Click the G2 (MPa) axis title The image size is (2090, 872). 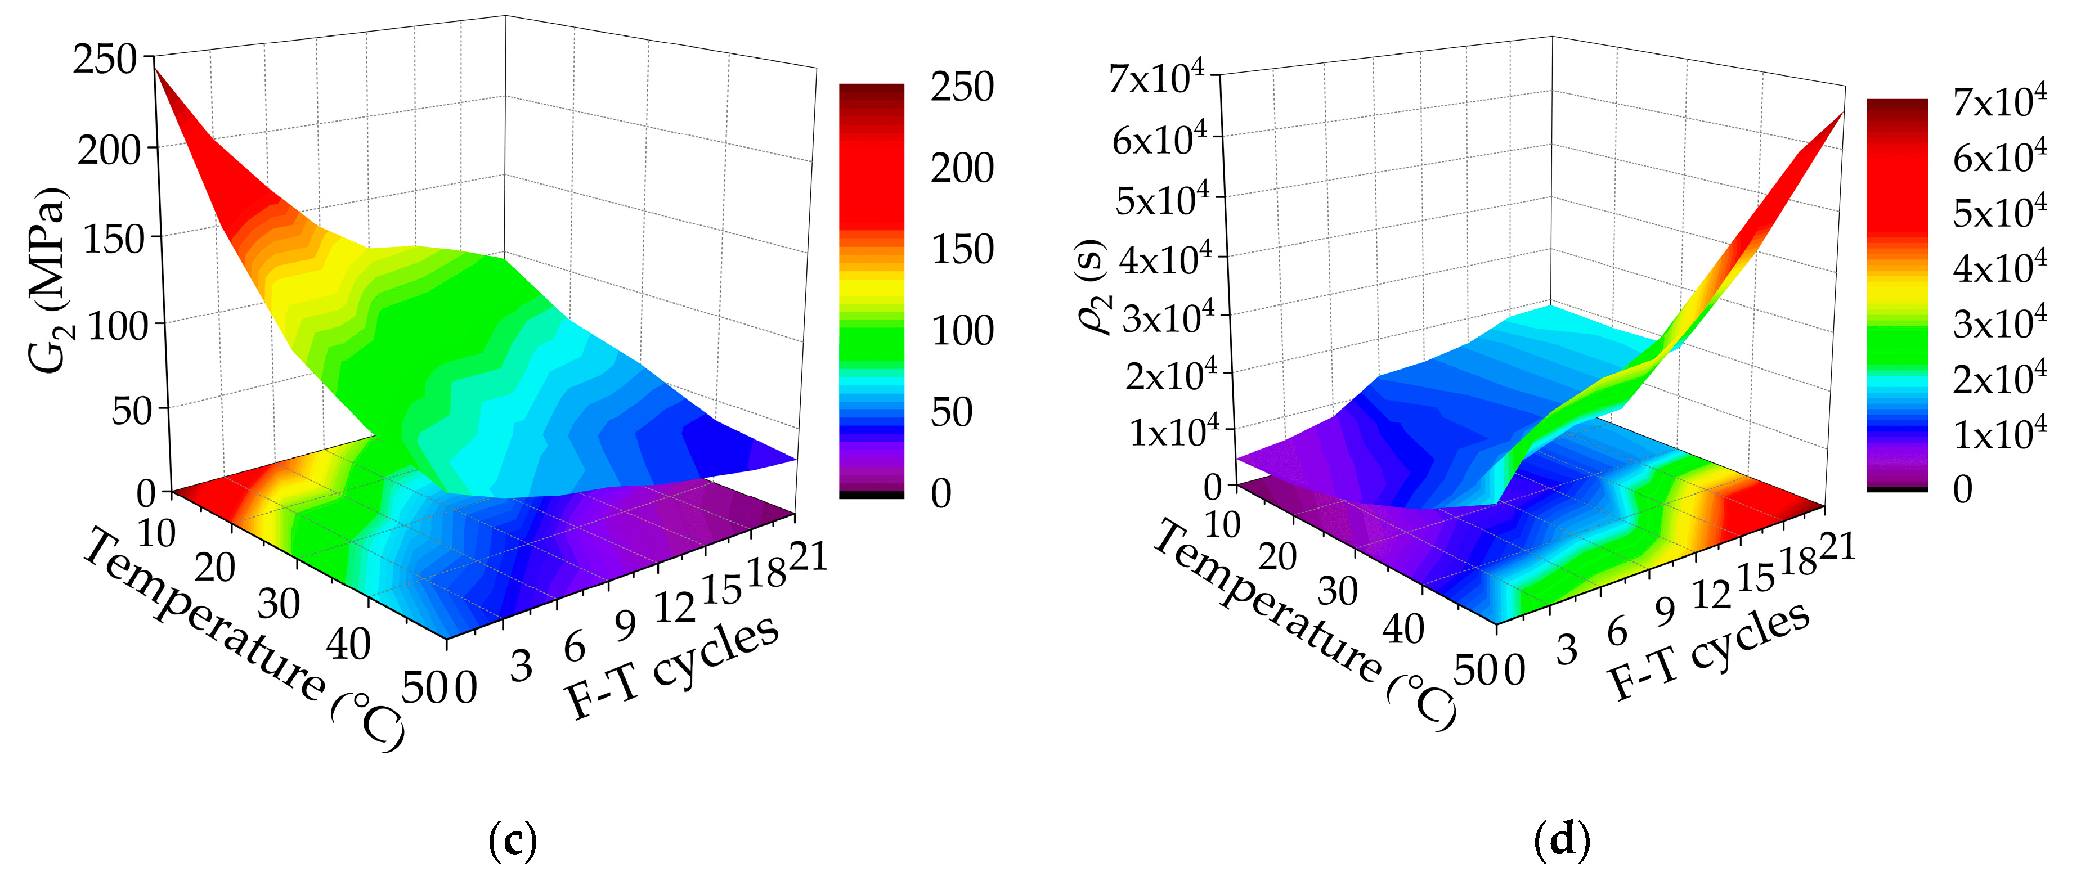50,280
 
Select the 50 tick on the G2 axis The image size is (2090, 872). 132,411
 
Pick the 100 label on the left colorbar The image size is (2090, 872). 962,331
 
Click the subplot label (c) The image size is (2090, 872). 513,842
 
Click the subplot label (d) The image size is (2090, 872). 1562,842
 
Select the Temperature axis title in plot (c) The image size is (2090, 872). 244,641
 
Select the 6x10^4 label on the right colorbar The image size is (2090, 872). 2000,156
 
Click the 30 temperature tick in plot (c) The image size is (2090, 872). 279,604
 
